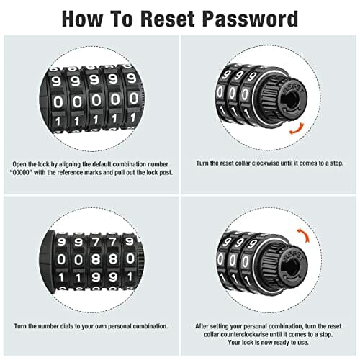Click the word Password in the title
pos(250,19)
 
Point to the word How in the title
pos(82,19)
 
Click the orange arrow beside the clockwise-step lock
pos(297,129)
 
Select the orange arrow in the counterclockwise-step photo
pos(304,235)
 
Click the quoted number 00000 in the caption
pos(22,172)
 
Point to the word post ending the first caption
pos(167,173)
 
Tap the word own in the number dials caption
pos(101,326)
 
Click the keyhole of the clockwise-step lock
pos(292,99)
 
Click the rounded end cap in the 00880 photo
pos(47,261)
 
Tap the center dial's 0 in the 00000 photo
pos(96,100)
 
